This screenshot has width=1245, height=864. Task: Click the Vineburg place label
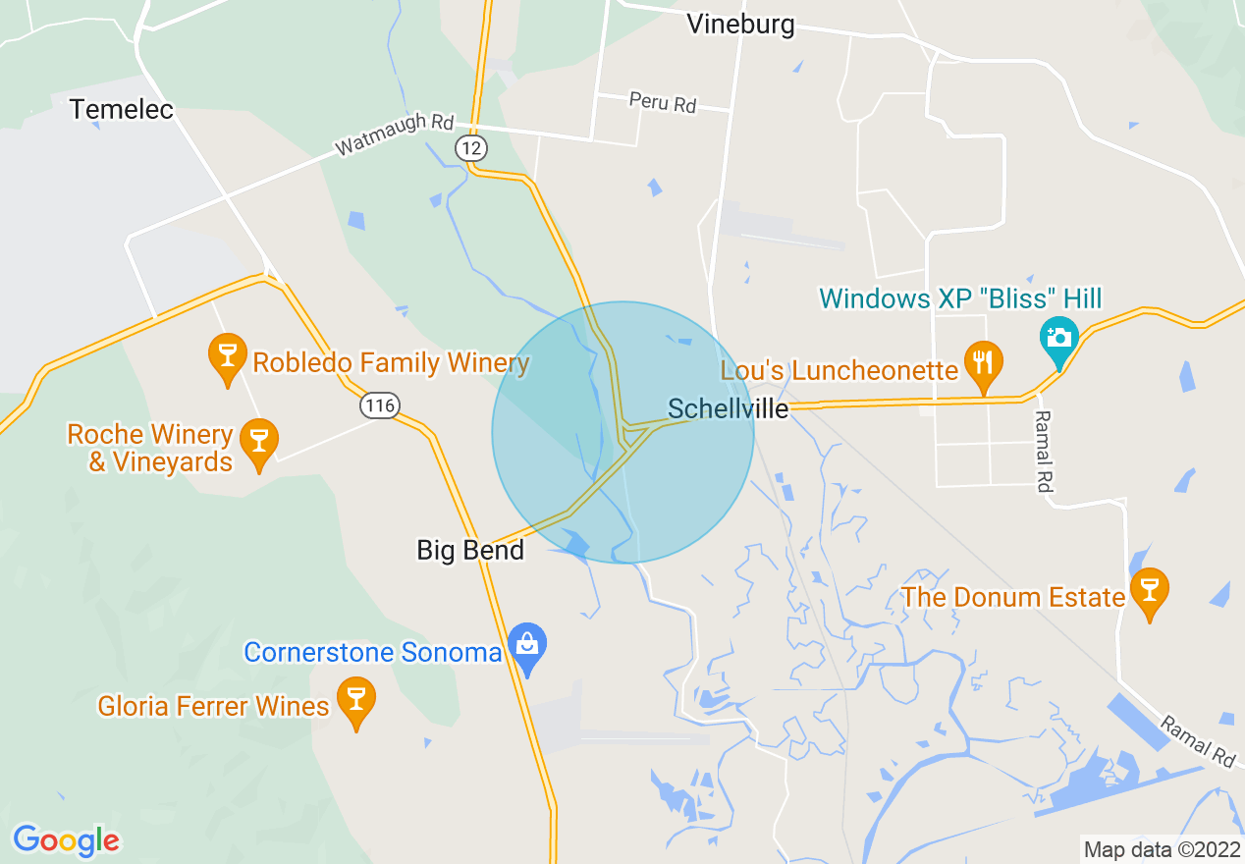click(740, 25)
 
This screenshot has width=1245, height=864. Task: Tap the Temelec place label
click(122, 109)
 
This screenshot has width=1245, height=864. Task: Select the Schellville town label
click(728, 408)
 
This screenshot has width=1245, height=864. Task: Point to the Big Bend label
click(470, 550)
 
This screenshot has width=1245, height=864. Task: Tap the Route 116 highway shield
click(379, 405)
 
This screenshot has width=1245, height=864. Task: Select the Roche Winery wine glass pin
click(259, 444)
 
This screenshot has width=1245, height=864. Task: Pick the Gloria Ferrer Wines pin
click(355, 703)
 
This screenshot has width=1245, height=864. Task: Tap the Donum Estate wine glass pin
click(1149, 593)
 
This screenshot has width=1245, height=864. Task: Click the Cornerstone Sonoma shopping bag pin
click(528, 648)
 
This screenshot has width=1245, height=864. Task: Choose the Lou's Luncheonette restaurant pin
click(983, 364)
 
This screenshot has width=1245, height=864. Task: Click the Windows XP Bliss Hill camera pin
click(1058, 340)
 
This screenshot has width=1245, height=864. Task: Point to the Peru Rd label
click(662, 102)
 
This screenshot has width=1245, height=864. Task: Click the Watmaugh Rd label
click(395, 135)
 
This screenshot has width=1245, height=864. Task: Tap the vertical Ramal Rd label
click(1043, 451)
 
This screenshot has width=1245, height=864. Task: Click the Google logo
click(66, 840)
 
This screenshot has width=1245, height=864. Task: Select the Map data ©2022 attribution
click(1160, 848)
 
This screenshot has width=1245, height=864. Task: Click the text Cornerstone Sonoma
click(372, 652)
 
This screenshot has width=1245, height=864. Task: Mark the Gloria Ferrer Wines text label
click(213, 706)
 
